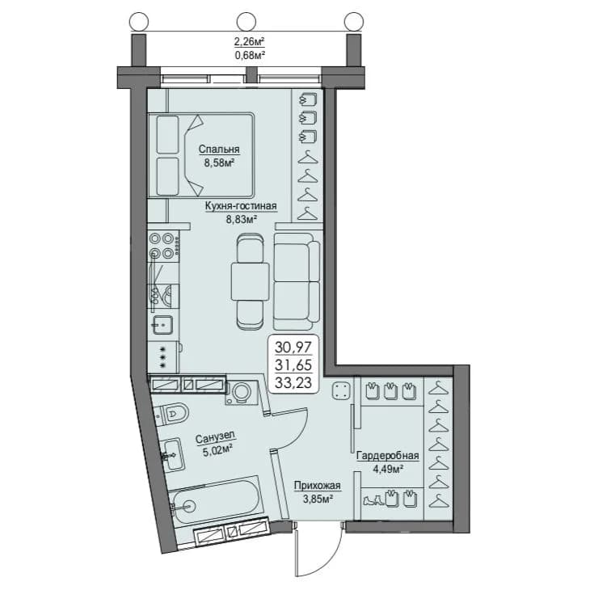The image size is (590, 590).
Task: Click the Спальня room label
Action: point(219,150)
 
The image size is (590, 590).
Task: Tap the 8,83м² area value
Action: point(241,219)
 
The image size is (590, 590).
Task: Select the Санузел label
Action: point(215,437)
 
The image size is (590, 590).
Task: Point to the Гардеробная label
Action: point(388,456)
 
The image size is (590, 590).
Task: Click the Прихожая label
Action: point(317,486)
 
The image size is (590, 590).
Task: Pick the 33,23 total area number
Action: point(293,382)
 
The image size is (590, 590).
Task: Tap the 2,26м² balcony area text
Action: point(249,41)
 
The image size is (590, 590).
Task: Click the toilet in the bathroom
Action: point(172,414)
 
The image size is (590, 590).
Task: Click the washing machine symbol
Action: point(241,393)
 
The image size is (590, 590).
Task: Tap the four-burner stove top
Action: point(163,246)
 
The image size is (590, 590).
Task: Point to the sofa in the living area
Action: point(297,281)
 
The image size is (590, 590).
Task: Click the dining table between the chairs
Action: point(251,282)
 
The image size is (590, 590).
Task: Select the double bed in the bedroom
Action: point(201,155)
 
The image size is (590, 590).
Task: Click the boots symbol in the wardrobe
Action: point(373,500)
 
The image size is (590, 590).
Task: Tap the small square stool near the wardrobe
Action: point(341,390)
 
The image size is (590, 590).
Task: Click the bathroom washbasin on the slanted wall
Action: point(173,453)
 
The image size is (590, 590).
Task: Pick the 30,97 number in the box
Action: point(293,347)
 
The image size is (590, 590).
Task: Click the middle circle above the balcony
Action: point(246,22)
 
